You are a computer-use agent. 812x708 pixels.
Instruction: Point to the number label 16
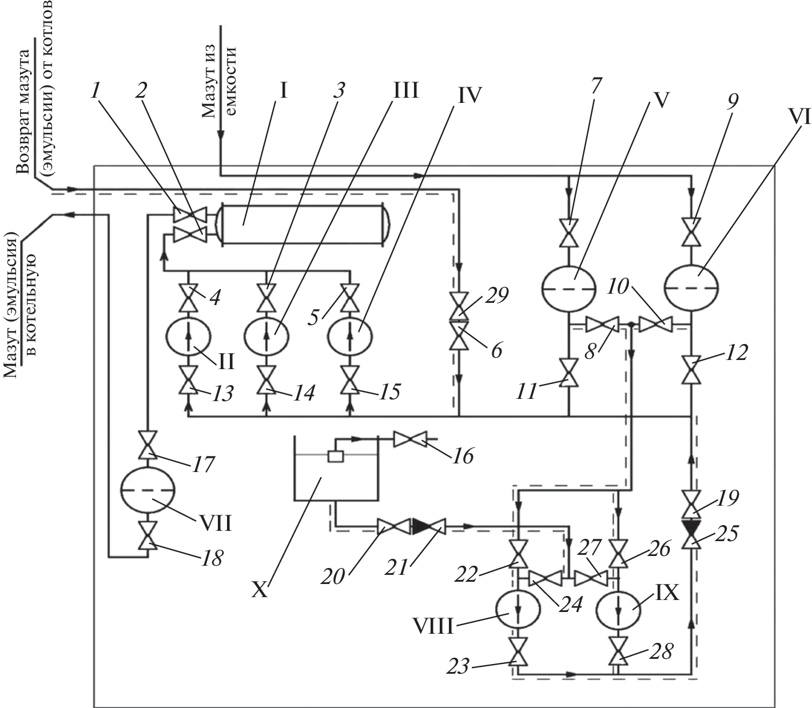pyautogui.click(x=463, y=455)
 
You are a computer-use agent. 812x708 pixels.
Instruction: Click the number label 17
pyautogui.click(x=202, y=465)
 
